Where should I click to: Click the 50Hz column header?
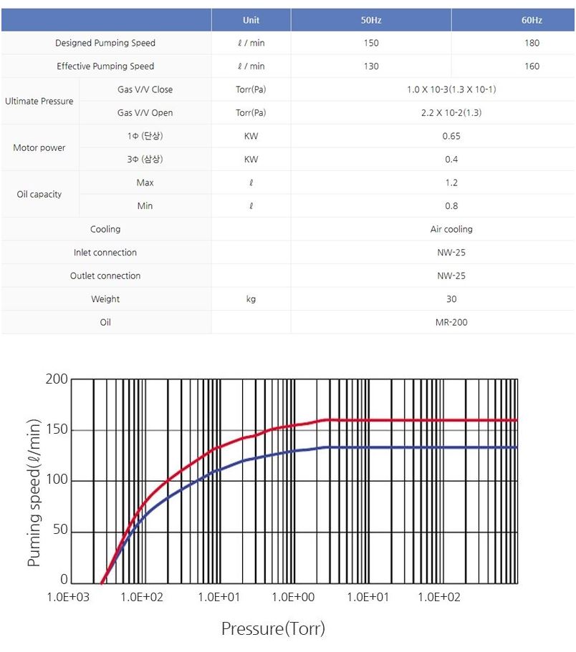(x=370, y=20)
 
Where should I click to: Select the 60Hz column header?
(x=532, y=20)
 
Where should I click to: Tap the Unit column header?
(x=251, y=20)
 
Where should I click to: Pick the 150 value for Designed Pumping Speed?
(x=370, y=43)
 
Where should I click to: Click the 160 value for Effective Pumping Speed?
(x=532, y=67)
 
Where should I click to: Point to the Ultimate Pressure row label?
(x=39, y=101)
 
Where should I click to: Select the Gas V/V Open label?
(x=145, y=113)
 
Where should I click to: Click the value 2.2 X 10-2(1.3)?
(x=451, y=113)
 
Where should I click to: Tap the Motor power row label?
(x=39, y=147)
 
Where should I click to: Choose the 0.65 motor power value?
(x=451, y=136)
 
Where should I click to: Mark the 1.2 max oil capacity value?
(x=451, y=183)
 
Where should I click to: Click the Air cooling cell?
(x=451, y=229)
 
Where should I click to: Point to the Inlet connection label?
(x=105, y=253)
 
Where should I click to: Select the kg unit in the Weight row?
(x=251, y=299)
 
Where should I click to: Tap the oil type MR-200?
(x=451, y=322)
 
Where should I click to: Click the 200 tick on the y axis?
(x=59, y=379)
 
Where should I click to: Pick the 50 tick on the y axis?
(x=62, y=530)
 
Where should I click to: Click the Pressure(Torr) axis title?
(x=273, y=629)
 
